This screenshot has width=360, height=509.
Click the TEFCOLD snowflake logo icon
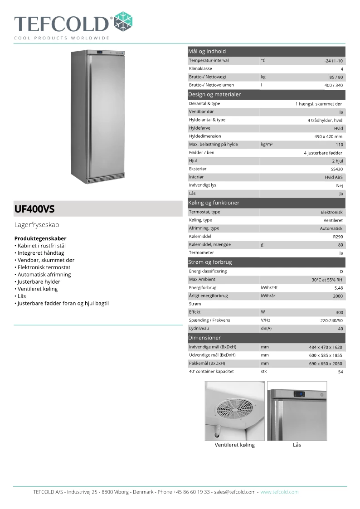click(123, 21)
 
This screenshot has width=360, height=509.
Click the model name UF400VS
click(34, 209)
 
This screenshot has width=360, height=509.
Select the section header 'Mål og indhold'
click(207, 51)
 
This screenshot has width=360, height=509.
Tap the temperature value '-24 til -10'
click(333, 61)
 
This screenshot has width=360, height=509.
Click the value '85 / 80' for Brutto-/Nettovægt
click(336, 77)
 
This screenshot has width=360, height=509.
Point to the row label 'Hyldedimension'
click(205, 136)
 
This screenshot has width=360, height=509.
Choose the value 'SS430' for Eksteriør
click(337, 169)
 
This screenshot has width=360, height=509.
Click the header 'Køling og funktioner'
click(214, 203)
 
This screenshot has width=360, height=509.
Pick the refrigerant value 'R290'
click(338, 237)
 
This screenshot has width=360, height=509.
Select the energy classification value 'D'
click(341, 271)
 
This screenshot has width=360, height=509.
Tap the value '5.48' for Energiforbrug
click(338, 288)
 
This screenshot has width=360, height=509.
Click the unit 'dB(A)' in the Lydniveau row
click(266, 328)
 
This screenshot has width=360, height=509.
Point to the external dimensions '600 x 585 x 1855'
click(326, 355)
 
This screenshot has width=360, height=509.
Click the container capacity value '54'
click(341, 372)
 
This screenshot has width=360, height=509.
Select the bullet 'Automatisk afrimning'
click(44, 274)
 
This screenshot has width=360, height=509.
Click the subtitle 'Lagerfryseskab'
click(37, 224)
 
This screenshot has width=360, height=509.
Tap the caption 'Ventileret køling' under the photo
click(234, 445)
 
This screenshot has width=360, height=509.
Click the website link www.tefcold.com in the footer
click(279, 492)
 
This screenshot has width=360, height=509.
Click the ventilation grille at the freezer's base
click(99, 180)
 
